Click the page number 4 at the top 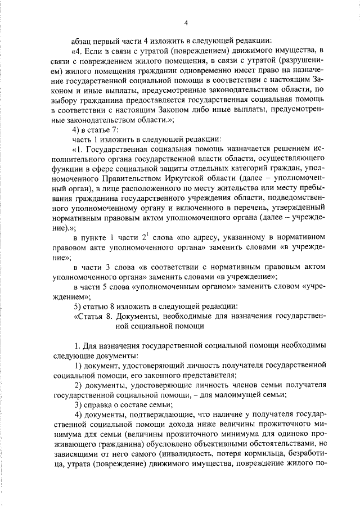tap(186, 22)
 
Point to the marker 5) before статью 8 tap(79, 306)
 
